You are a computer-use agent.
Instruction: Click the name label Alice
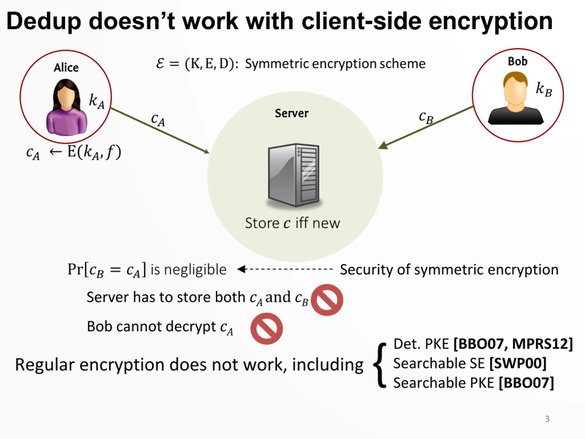coord(66,68)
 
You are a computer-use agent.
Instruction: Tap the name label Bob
coord(517,61)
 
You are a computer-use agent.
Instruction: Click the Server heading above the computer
coord(291,113)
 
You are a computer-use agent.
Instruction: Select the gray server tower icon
coord(294,175)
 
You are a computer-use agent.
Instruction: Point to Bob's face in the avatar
coord(515,91)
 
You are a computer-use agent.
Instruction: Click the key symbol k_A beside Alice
coord(96,101)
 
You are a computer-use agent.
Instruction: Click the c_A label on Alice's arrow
coord(158,120)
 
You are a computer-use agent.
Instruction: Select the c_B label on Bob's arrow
coord(426,117)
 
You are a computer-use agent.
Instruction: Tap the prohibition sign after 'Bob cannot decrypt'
coord(267,328)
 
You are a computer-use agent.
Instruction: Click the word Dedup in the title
coord(44,21)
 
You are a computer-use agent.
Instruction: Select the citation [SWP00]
coord(518,363)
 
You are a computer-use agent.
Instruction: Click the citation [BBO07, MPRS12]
coord(513,344)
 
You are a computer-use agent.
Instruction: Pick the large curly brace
coord(380,365)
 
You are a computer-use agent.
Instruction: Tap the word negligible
coord(195,270)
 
